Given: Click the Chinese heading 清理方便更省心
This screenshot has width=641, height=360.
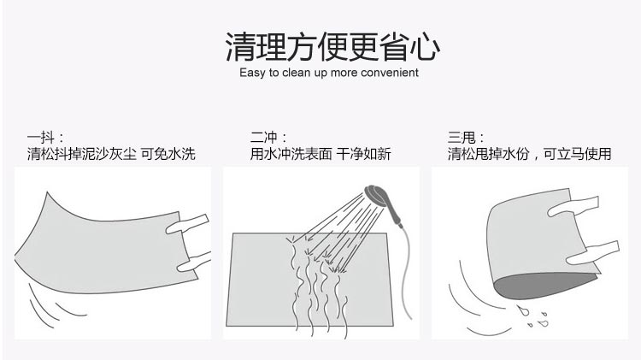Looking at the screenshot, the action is coord(332,47).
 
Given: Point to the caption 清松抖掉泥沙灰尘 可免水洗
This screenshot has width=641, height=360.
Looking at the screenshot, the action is coord(111,154).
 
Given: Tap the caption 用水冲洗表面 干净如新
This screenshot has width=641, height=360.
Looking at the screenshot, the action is coord(320,154).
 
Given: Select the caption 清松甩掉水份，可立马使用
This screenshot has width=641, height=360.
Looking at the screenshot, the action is coord(529,154).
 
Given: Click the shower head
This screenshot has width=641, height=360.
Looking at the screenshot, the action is coord(376,196).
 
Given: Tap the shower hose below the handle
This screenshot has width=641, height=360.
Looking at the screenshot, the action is coord(406,270).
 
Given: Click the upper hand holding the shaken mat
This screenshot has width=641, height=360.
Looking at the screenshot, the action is coord(188,224).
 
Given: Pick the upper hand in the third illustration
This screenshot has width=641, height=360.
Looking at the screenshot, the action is coord(573,206).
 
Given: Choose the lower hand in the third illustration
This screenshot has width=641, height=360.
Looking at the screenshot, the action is coord(593,252).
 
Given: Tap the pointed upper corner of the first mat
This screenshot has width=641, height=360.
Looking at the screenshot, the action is coord(47,192).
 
